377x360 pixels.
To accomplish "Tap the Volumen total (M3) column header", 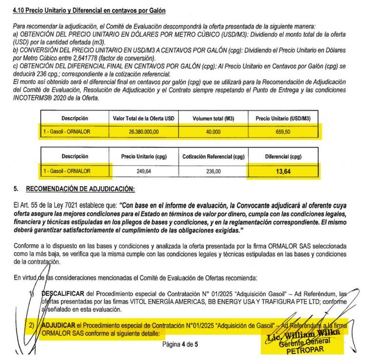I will [x=213, y=118].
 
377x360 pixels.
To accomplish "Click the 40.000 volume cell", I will [x=213, y=132].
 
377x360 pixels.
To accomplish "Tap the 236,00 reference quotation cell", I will [x=213, y=171].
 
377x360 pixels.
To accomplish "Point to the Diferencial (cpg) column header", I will [x=283, y=157].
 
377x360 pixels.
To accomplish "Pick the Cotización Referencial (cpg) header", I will [x=213, y=157].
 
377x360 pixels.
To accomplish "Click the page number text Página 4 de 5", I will [x=180, y=344].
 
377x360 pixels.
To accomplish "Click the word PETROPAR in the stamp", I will [x=300, y=351].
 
